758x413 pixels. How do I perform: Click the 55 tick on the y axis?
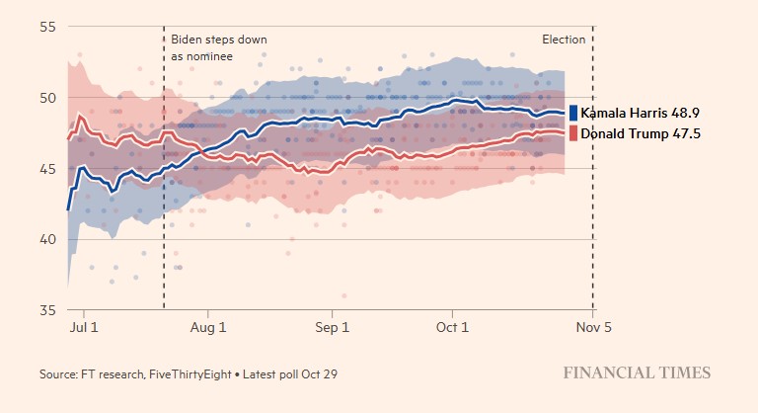46,27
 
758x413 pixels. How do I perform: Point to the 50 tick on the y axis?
46,98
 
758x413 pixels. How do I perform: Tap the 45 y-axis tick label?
46,169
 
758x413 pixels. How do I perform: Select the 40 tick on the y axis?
46,239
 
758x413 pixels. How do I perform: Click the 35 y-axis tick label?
46,310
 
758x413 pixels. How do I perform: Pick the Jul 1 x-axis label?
84,327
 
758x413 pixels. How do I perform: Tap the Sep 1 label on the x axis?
333,327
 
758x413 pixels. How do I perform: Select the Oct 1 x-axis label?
452,327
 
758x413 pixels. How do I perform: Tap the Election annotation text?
564,41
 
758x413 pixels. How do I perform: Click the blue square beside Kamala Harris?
573,114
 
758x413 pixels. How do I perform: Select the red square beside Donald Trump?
573,133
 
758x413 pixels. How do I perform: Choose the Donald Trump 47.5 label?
641,133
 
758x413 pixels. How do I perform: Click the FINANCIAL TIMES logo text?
637,373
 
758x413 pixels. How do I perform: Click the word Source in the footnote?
57,375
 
